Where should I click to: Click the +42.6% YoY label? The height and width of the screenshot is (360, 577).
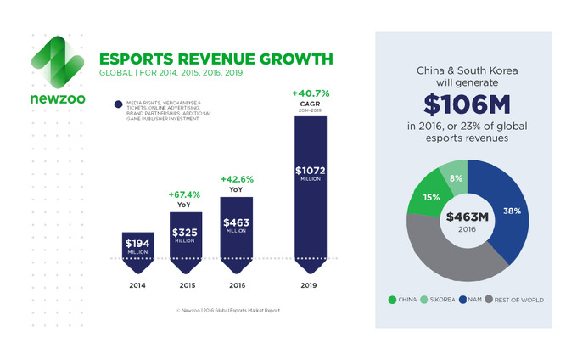(x=237, y=179)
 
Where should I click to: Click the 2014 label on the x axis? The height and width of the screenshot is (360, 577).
(x=139, y=285)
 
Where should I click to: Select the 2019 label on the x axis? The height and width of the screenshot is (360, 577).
(x=310, y=285)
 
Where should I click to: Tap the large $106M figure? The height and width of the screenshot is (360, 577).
(x=463, y=104)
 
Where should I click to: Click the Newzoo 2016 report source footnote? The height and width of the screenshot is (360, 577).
(x=227, y=311)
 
